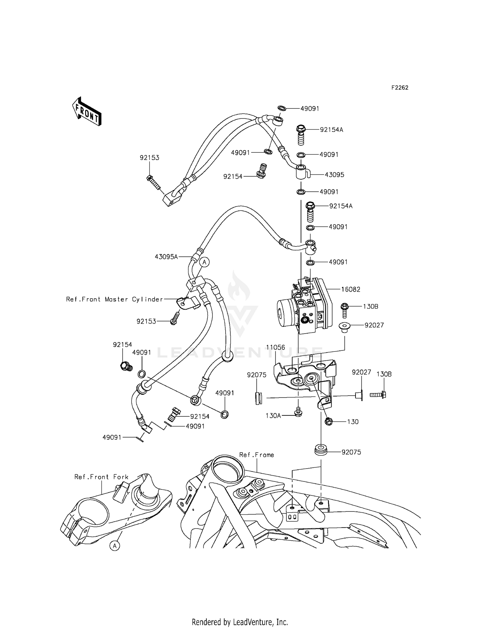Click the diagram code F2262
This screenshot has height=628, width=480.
pos(400,88)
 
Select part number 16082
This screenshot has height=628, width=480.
pos(351,289)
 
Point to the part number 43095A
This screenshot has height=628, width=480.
pos(166,257)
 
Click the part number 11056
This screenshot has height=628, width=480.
pos(276,348)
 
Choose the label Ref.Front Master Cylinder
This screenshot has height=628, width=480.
pos(115,299)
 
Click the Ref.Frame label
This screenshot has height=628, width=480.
pos(257,455)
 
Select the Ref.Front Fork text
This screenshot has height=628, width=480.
pos(101,477)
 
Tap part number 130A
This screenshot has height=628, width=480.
pos(273,415)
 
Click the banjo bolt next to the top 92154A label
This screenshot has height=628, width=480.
pos(300,135)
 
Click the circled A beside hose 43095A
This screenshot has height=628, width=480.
pos(204,262)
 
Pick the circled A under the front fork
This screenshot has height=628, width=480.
pos(115,546)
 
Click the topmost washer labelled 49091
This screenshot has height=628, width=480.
pos(282,108)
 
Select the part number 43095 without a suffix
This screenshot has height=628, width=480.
pos(334,175)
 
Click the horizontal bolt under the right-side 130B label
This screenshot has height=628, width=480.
pos(378,395)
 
